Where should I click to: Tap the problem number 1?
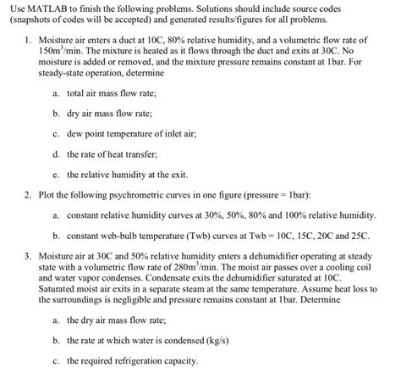pyautogui.click(x=28, y=39)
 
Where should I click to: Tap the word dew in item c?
pyautogui.click(x=73, y=131)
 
